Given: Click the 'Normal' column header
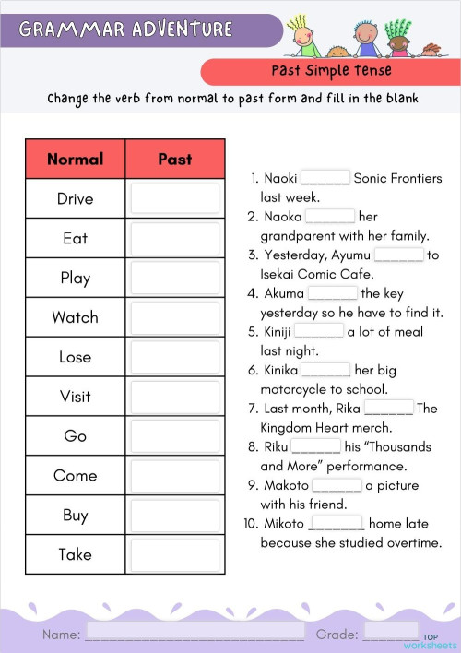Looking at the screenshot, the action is [x=75, y=159].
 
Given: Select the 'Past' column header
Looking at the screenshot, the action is [x=174, y=159].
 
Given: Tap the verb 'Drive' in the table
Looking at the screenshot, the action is [x=75, y=198].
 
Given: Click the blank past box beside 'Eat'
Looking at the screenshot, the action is [x=174, y=238].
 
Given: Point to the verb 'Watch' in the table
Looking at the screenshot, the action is [x=75, y=317].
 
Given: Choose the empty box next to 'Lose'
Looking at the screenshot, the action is [x=174, y=357].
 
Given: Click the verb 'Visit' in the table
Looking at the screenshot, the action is [x=75, y=397].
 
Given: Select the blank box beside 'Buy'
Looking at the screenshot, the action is [x=174, y=516].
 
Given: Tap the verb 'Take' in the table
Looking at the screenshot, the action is [x=75, y=554].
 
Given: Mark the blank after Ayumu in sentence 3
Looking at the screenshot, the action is [x=398, y=255].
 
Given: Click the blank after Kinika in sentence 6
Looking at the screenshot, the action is [x=325, y=371].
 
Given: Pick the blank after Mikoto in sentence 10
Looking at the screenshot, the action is [x=337, y=525].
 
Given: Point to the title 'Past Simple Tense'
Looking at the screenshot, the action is [x=331, y=71].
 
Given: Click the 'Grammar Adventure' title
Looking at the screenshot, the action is [x=125, y=30].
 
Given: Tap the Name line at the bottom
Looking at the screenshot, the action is [x=195, y=635].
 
